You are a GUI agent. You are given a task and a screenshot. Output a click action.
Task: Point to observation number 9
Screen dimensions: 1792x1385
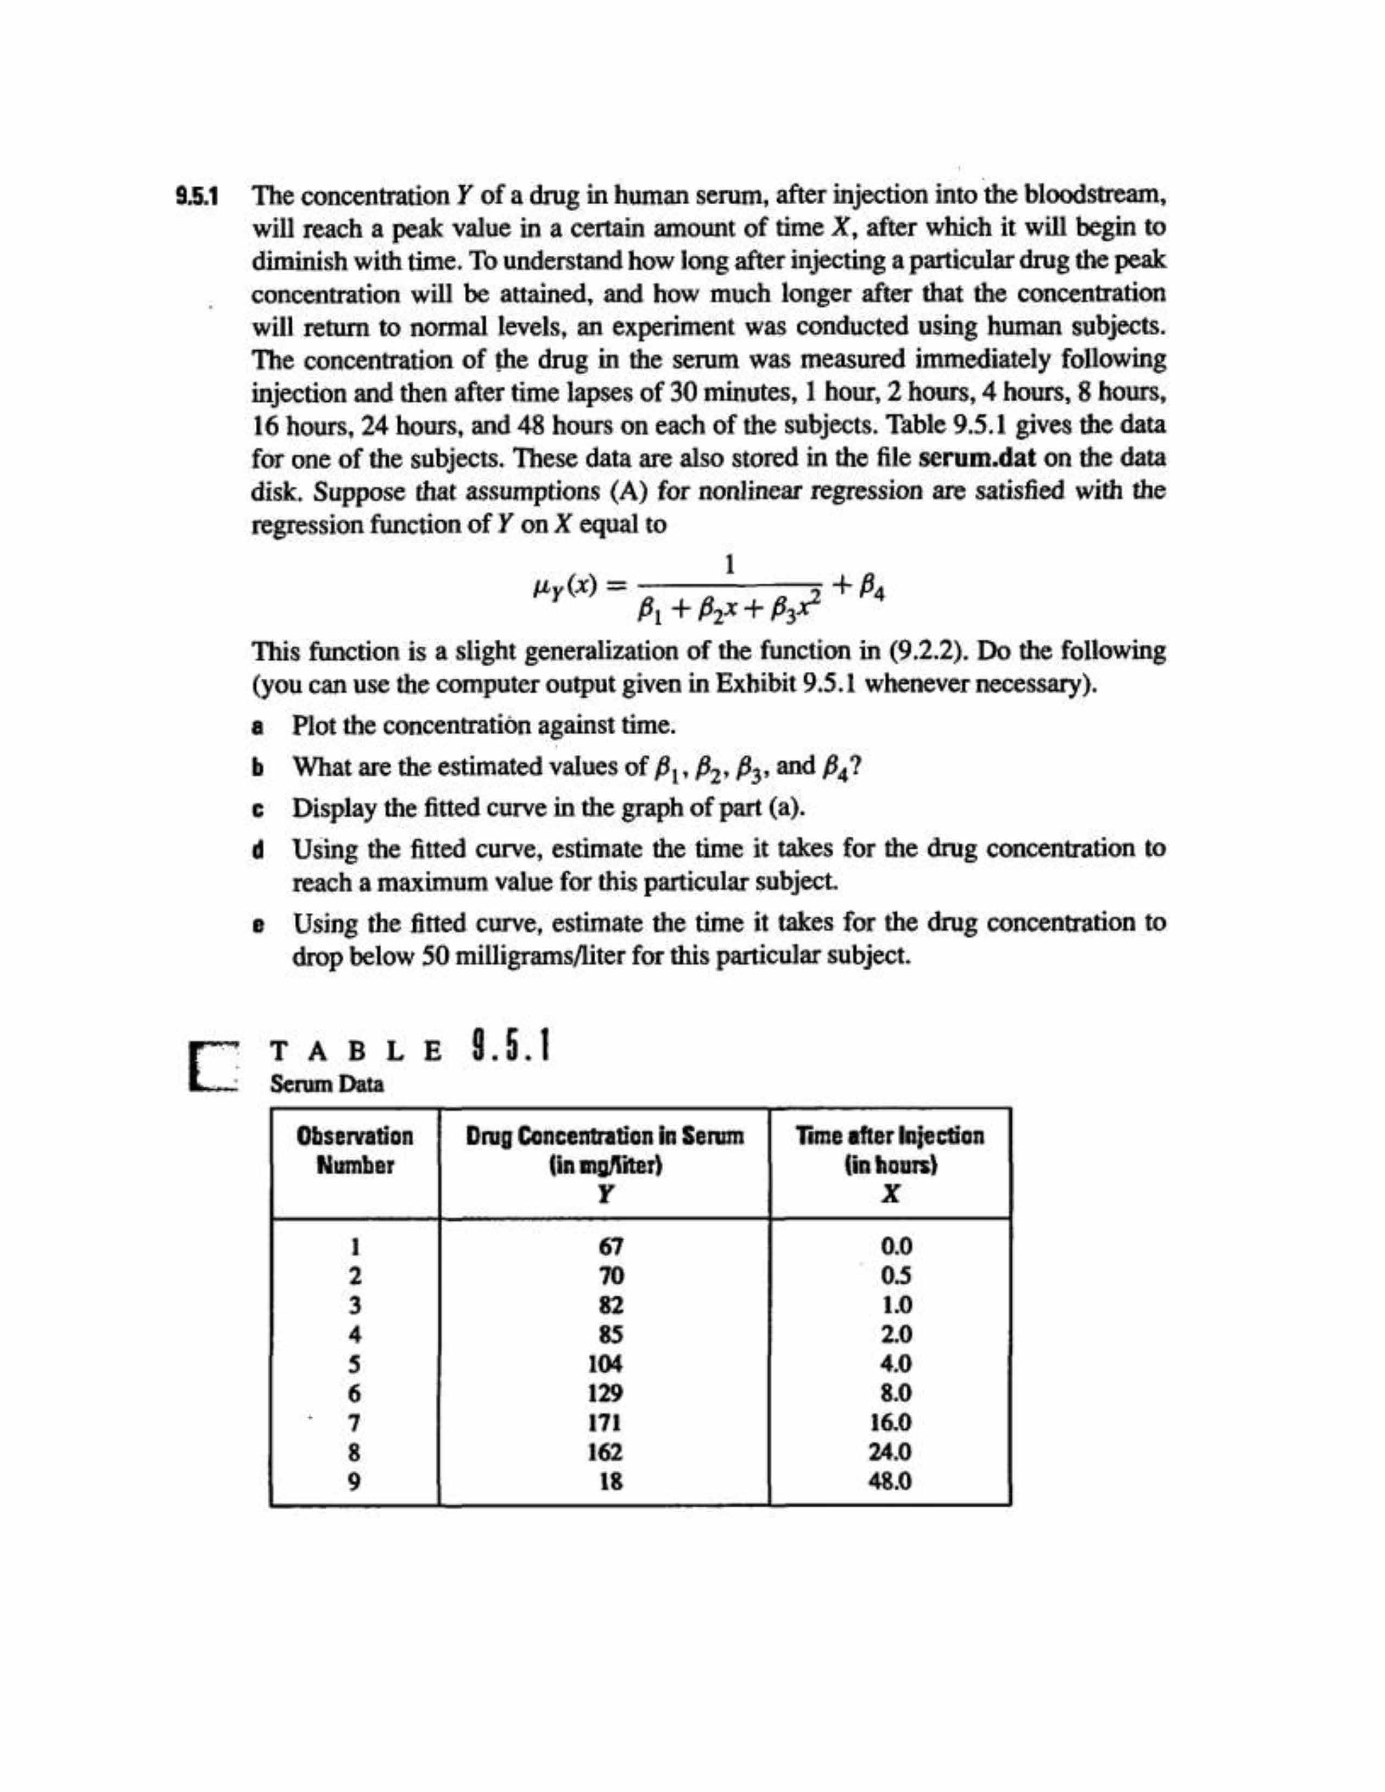[x=355, y=1482]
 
